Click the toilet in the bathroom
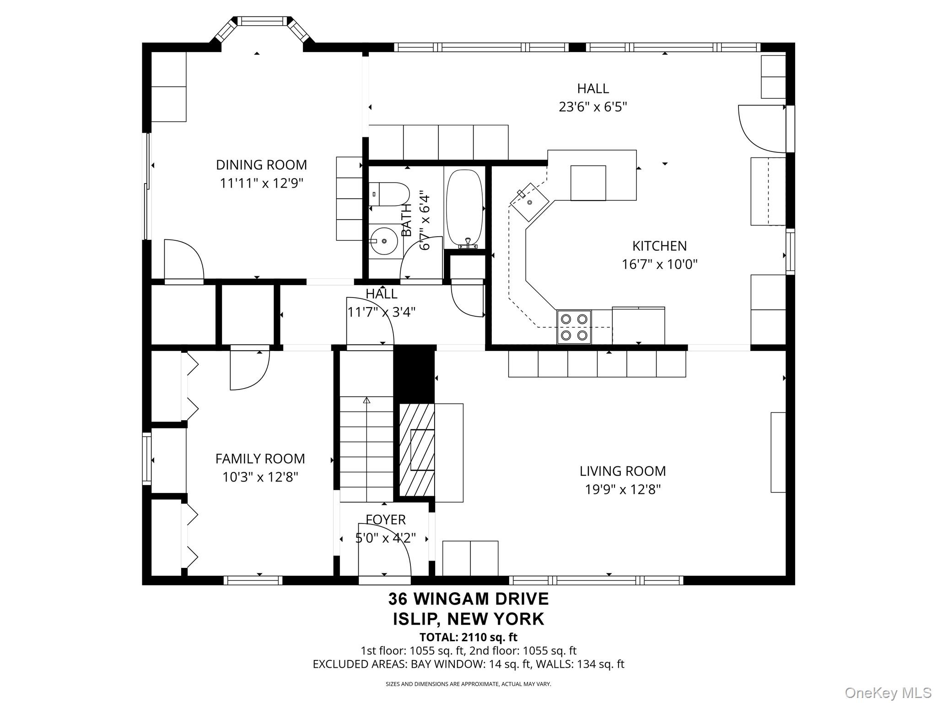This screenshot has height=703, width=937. (x=389, y=194)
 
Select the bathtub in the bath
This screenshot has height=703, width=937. (x=464, y=209)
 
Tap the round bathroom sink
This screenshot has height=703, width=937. (x=383, y=241)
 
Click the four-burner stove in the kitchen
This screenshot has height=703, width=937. (x=574, y=327)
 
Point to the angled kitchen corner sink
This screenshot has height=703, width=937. (x=531, y=202)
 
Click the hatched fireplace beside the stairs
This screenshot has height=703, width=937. (x=417, y=450)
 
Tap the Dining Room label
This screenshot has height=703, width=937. (x=261, y=165)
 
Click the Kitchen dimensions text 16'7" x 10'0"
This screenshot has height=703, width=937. (x=659, y=265)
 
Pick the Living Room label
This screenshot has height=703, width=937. (x=623, y=471)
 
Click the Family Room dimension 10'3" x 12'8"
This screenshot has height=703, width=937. (x=260, y=477)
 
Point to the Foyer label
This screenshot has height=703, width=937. (x=386, y=519)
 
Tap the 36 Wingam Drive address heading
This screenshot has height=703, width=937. (x=468, y=599)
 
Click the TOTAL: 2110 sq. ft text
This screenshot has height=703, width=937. (x=468, y=637)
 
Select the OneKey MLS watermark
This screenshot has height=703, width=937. (x=888, y=693)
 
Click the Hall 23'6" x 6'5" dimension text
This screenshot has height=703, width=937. (x=592, y=107)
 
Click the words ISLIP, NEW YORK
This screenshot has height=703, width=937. (x=468, y=619)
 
